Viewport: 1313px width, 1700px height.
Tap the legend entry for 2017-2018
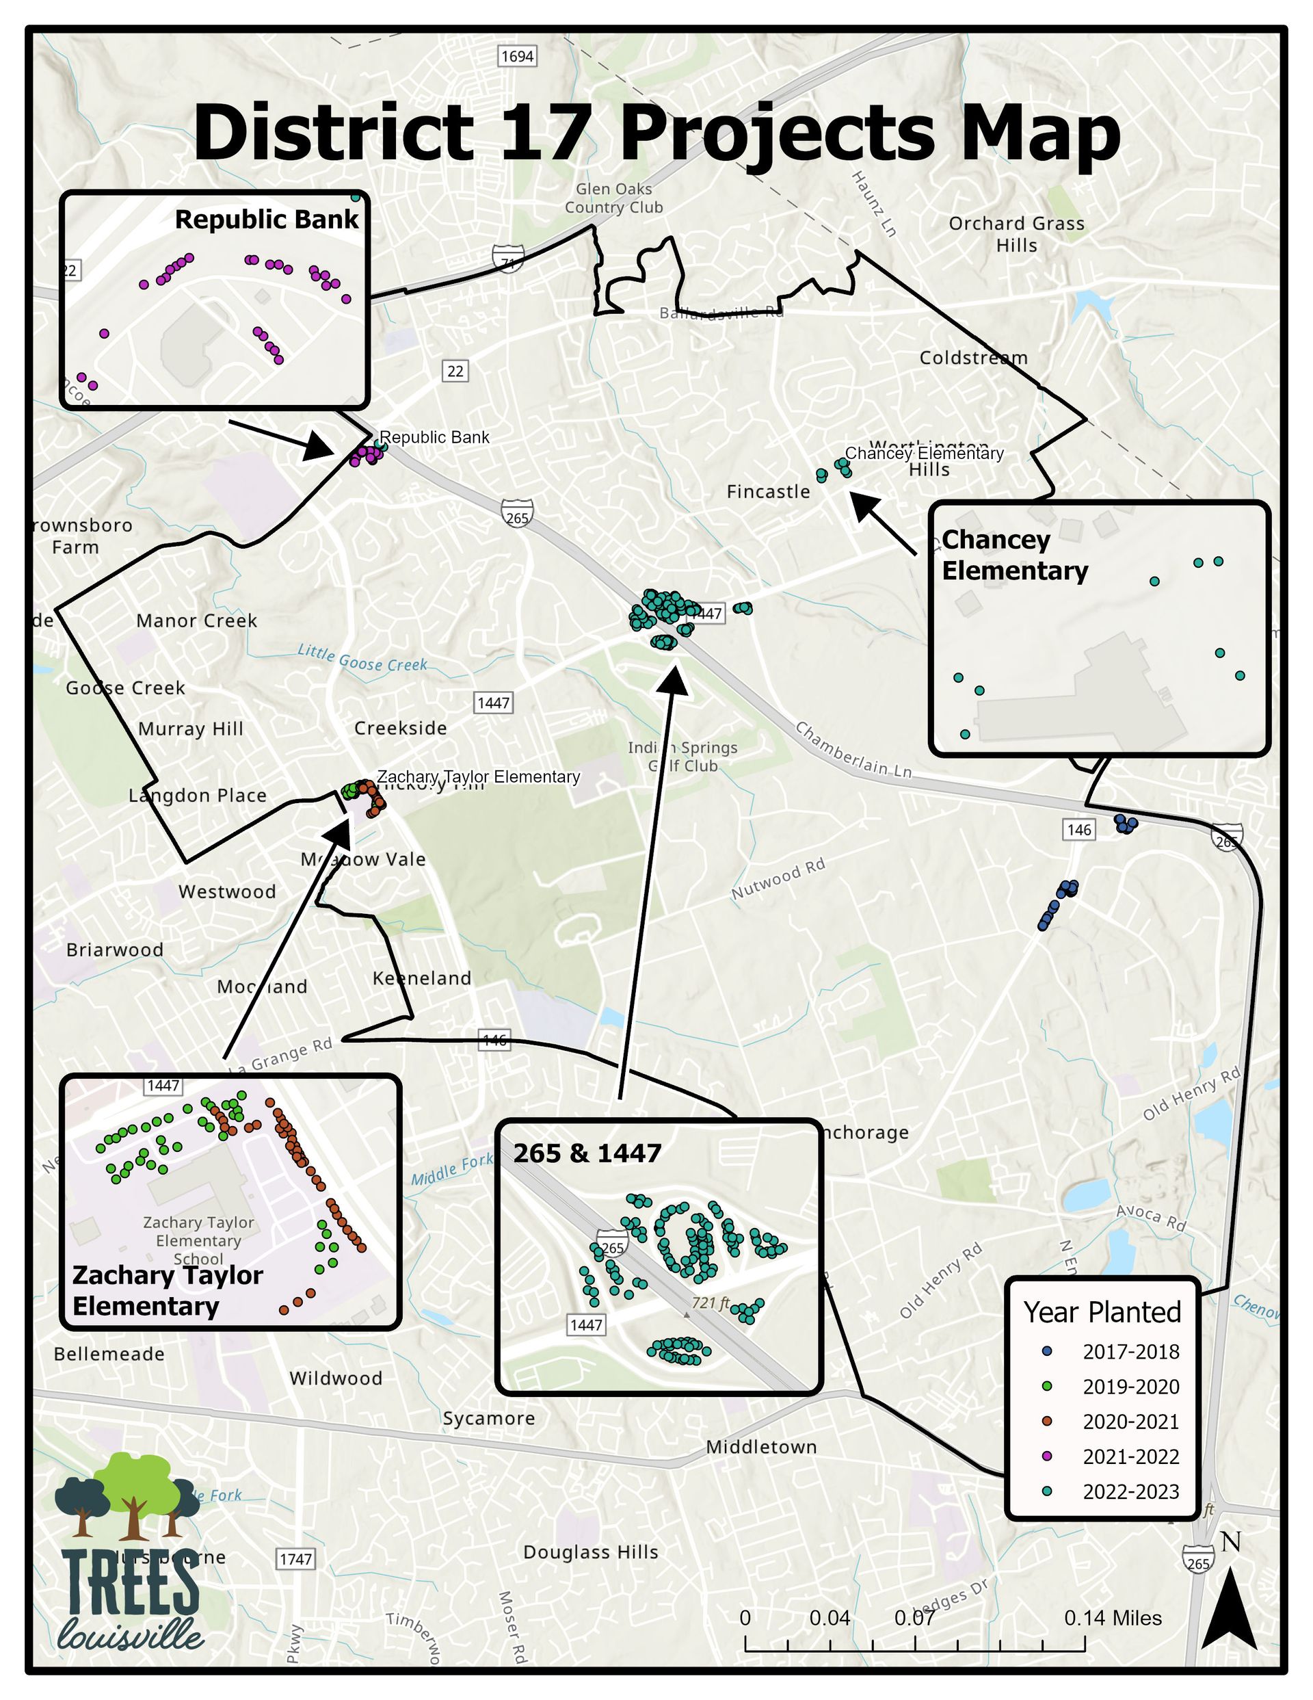coord(1130,1351)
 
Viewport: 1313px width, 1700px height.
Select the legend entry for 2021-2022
coord(1130,1456)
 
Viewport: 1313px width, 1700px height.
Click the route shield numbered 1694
coord(517,56)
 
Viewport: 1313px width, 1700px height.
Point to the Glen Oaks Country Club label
coord(613,198)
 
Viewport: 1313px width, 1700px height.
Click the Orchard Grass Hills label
coord(1016,233)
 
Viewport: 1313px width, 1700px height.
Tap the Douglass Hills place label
coord(591,1552)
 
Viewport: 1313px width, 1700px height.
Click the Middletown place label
coord(761,1447)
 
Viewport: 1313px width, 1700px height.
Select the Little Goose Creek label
coord(362,659)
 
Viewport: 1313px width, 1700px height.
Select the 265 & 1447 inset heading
coord(587,1153)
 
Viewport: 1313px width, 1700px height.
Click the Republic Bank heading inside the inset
coord(266,220)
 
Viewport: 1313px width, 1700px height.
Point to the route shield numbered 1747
coord(295,1559)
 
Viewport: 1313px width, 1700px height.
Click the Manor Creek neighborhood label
coord(196,620)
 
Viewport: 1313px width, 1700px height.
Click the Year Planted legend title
coord(1101,1311)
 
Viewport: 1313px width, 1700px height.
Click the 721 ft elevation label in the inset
coord(710,1303)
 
